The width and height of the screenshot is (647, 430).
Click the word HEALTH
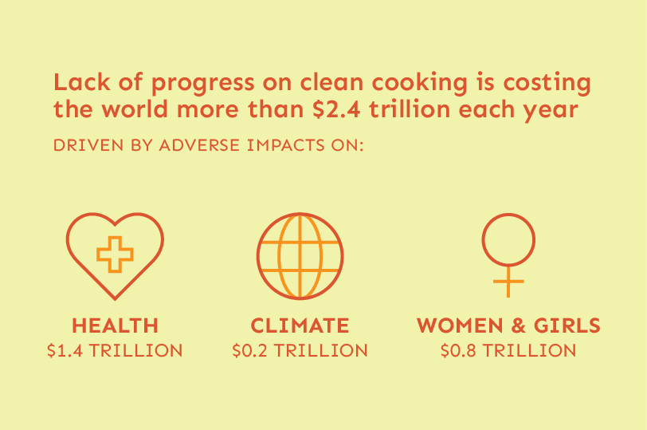[115, 325]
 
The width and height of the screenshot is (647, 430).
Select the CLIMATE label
[300, 325]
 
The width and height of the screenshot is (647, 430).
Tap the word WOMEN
[460, 325]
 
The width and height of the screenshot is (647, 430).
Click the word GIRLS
[567, 325]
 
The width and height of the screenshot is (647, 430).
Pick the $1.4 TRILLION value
[115, 351]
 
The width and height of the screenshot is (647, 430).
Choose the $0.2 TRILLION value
[300, 351]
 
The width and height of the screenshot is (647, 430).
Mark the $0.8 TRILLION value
[508, 351]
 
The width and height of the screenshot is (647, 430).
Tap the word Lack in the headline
[82, 82]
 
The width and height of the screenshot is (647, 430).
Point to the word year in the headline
[551, 112]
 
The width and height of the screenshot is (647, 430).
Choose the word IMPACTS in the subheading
[286, 145]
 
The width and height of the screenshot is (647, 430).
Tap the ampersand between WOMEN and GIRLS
[519, 325]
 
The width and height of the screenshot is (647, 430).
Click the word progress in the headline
[202, 84]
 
